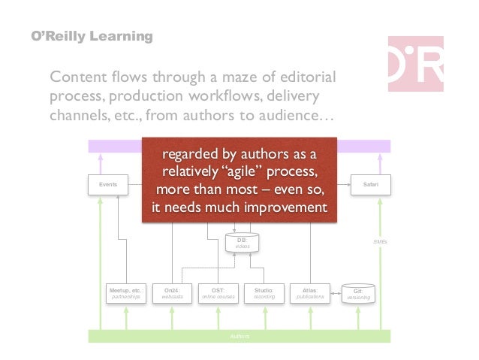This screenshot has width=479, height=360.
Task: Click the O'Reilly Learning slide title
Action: (x=91, y=36)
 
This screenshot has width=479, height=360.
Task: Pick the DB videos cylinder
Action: (x=242, y=243)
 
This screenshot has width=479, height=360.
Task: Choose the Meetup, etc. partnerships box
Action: (x=127, y=293)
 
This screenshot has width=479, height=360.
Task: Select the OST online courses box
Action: (x=218, y=293)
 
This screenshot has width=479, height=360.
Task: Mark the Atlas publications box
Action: (x=310, y=293)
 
